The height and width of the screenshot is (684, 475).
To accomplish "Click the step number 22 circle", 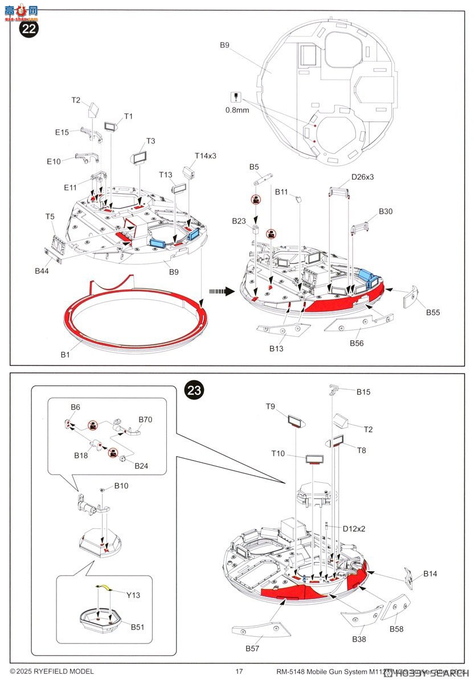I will pyautogui.click(x=28, y=29).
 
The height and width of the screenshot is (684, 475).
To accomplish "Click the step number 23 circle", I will pyautogui.click(x=194, y=390).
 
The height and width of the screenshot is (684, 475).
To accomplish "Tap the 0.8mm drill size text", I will pyautogui.click(x=237, y=110).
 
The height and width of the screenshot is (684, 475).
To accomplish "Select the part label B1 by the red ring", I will pyautogui.click(x=66, y=355).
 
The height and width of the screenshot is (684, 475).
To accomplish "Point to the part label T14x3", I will pyautogui.click(x=206, y=156).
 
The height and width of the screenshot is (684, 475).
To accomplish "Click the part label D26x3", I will pyautogui.click(x=362, y=177).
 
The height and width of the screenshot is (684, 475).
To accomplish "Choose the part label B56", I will pyautogui.click(x=357, y=343).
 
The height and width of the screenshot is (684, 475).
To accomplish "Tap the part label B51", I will pyautogui.click(x=137, y=627).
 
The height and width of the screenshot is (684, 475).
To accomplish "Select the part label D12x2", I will pyautogui.click(x=354, y=528).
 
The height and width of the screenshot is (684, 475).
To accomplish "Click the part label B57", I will pyautogui.click(x=253, y=649).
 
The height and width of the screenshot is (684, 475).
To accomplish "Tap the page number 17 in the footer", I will pyautogui.click(x=239, y=671).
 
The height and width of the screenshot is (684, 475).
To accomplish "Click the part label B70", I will pyautogui.click(x=145, y=420).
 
